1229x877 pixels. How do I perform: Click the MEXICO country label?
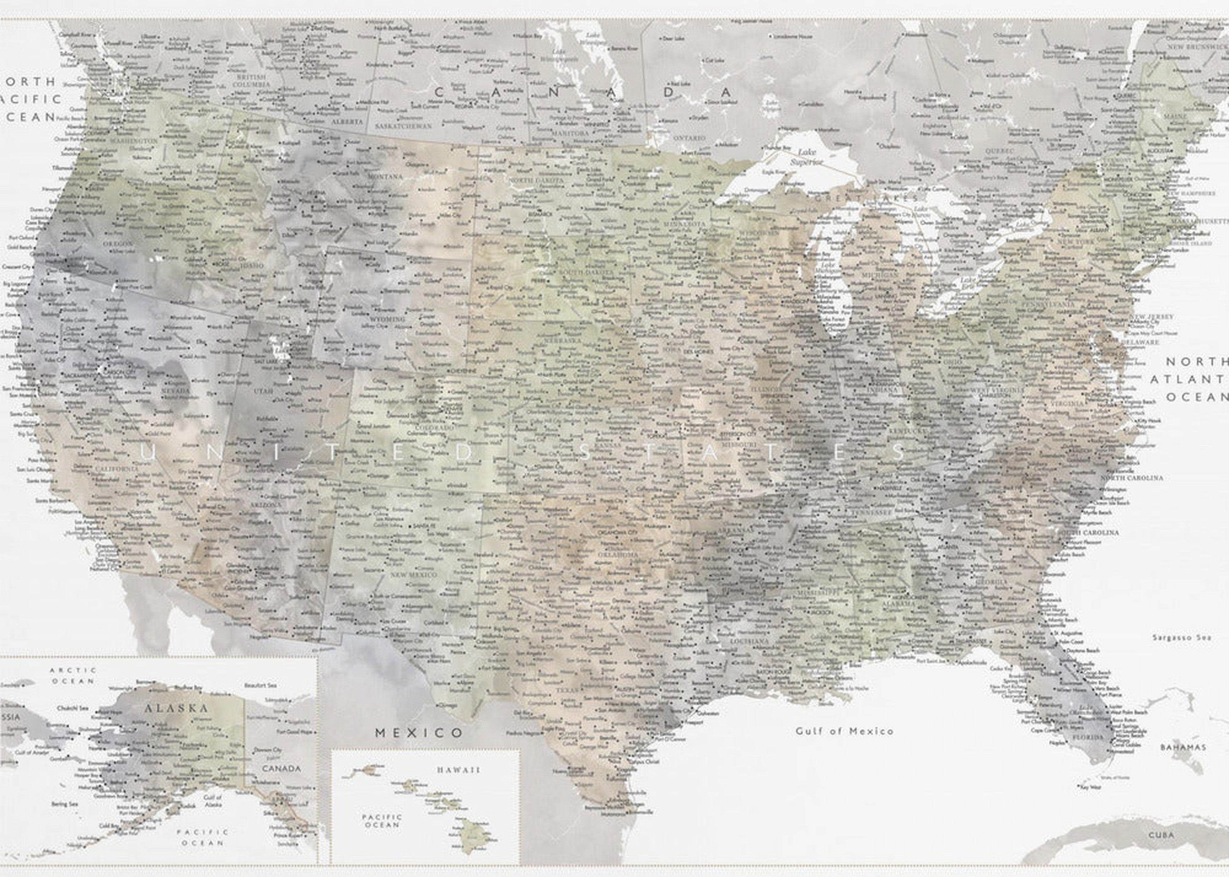point(419,733)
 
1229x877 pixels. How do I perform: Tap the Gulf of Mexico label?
point(844,731)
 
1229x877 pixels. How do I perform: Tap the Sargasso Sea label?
point(1181,637)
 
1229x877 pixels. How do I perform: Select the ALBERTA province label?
point(347,122)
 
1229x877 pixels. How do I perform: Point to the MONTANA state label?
point(385,177)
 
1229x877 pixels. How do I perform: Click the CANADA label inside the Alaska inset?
point(281,769)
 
